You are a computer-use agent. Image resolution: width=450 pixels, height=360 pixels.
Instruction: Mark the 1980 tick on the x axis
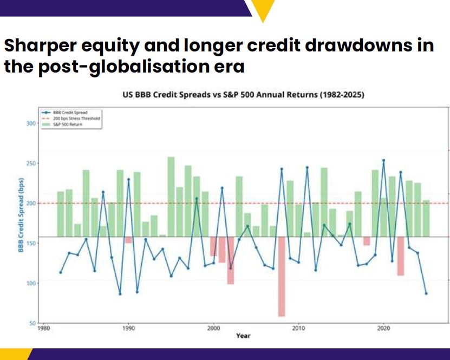click(x=43, y=328)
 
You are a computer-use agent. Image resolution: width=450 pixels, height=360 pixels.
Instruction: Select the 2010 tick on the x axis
click(x=298, y=328)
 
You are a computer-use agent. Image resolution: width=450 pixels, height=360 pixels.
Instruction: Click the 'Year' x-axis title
click(x=243, y=336)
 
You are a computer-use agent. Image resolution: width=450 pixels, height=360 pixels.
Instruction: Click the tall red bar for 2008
click(x=282, y=276)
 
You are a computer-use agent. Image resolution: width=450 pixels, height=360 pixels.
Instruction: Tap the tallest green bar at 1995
click(x=171, y=197)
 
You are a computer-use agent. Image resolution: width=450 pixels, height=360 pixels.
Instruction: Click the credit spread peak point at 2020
click(x=383, y=160)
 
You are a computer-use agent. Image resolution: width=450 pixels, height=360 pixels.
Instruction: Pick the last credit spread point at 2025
click(x=426, y=293)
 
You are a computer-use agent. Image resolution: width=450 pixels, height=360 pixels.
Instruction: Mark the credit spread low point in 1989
click(x=120, y=294)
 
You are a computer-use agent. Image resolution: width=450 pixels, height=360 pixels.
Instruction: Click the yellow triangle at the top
click(x=263, y=9)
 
